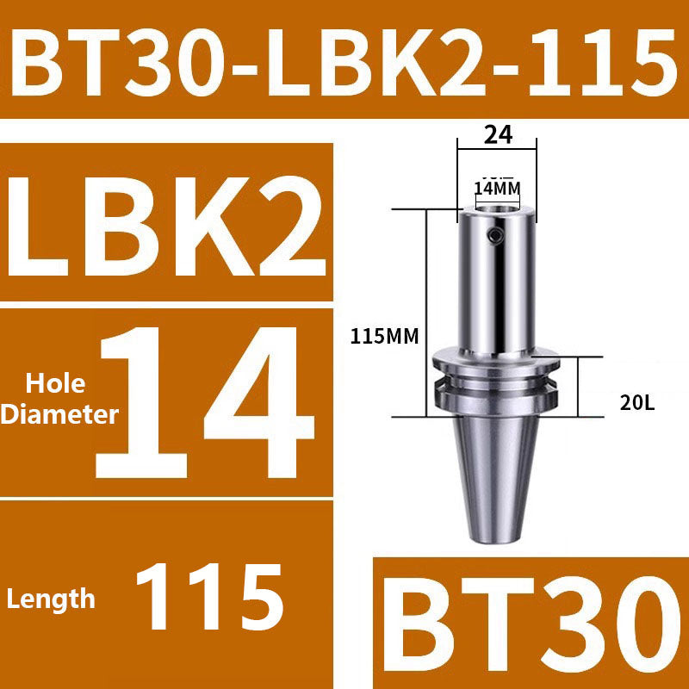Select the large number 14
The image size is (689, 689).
[207, 403]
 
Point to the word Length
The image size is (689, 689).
[52, 598]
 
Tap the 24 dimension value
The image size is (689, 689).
[498, 134]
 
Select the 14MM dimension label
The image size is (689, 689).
[498, 187]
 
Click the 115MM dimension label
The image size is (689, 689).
[384, 337]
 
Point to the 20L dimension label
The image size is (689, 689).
[638, 401]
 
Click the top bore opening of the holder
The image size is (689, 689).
[498, 207]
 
